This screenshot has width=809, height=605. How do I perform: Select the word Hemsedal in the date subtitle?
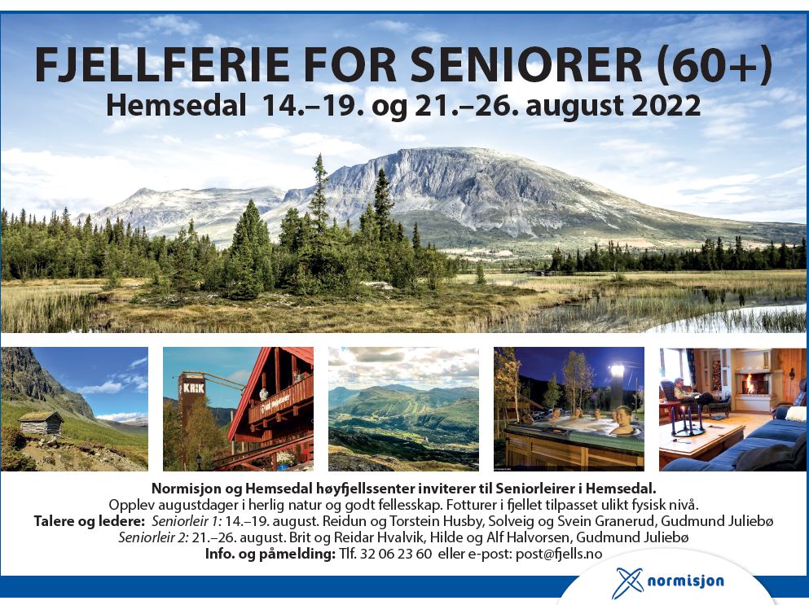[177, 106]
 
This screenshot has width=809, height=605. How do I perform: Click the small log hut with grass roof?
[42, 423]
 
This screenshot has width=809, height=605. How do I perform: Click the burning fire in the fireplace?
[746, 384]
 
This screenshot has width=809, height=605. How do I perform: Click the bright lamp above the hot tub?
[617, 370]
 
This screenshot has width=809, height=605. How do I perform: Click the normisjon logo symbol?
[627, 582]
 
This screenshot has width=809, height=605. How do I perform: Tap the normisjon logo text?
[685, 581]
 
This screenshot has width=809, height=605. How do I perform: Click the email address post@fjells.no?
[559, 554]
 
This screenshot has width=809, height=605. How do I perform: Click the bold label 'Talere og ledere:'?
[90, 521]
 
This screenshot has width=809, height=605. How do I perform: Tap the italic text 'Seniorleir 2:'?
[153, 537]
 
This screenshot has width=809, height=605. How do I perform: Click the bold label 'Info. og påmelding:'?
[270, 554]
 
